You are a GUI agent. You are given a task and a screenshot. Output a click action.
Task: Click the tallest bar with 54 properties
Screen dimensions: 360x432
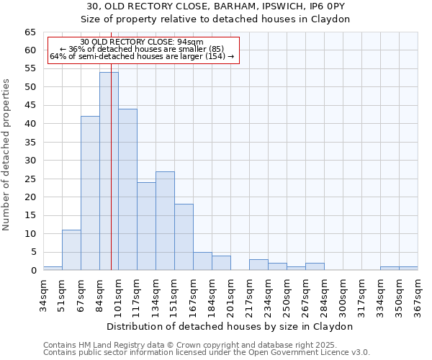(x=109, y=171)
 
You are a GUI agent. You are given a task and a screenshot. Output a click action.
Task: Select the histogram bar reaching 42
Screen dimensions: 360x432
(x=90, y=193)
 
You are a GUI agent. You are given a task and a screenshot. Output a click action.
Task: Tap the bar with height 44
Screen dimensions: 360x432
(x=127, y=189)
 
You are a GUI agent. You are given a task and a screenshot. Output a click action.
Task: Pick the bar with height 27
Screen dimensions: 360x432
(x=165, y=220)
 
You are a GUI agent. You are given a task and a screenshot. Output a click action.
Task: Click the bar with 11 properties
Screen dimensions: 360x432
(x=71, y=250)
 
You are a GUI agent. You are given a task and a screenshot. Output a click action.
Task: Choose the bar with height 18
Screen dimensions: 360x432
(x=184, y=237)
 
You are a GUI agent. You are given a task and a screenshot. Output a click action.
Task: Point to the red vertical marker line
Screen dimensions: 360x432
(x=112, y=180)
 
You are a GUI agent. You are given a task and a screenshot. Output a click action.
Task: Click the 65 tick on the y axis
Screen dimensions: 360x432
(x=30, y=32)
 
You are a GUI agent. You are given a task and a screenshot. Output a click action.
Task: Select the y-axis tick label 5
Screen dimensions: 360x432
(x=32, y=252)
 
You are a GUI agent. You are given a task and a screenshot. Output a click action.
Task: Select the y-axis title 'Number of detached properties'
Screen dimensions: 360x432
(x=6, y=155)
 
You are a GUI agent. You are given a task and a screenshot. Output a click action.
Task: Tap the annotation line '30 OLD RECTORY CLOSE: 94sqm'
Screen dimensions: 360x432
(x=142, y=42)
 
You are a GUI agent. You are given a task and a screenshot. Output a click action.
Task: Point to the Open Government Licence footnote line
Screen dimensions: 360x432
(x=207, y=352)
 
